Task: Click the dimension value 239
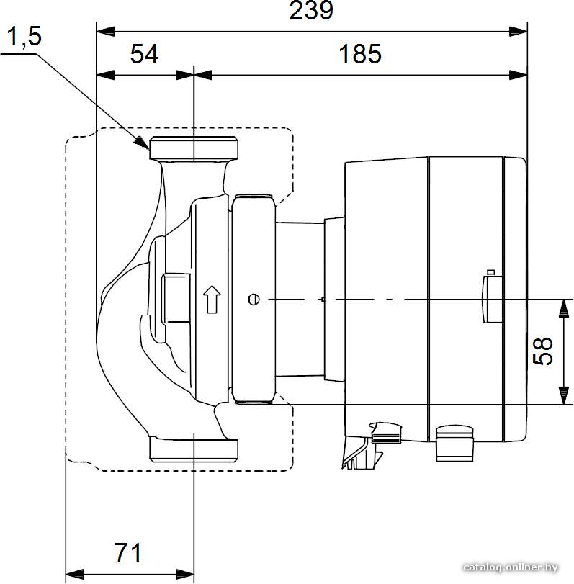tap(311, 11)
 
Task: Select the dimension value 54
tap(144, 53)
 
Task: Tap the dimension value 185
tap(360, 53)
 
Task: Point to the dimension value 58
tap(543, 351)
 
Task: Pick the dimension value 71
tap(127, 553)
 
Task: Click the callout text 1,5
tap(24, 37)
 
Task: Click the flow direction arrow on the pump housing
tap(212, 299)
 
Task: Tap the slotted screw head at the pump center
tap(254, 300)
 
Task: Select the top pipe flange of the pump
tap(194, 149)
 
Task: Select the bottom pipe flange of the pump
tap(194, 449)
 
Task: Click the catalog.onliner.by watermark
tap(511, 567)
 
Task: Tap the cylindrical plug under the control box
tap(454, 443)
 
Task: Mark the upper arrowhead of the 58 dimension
tap(564, 308)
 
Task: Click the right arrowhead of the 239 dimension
tap(518, 32)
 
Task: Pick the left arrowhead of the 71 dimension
tap(74, 574)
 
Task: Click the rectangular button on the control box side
tap(493, 299)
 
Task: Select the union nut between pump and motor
tap(254, 299)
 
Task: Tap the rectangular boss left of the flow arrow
tap(176, 299)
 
